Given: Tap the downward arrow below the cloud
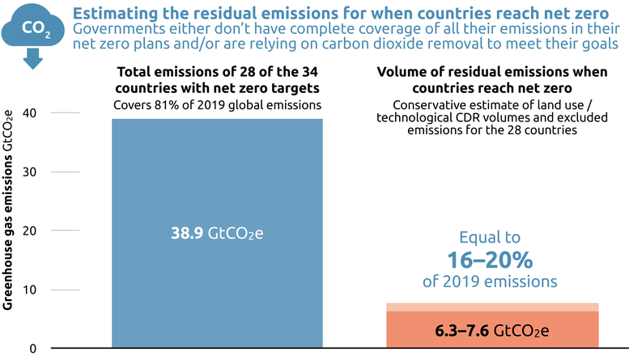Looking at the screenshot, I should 33,59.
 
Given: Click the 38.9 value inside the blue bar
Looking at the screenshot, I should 188,234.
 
